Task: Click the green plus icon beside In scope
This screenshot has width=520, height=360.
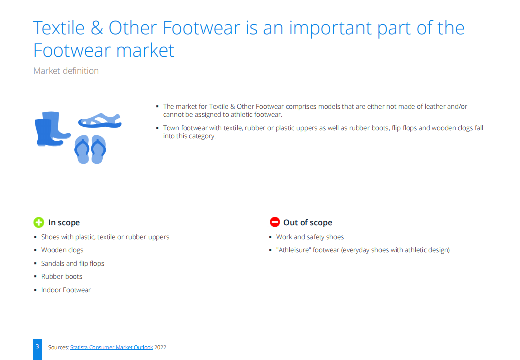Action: click(x=39, y=222)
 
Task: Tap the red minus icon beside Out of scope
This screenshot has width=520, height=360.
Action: click(x=275, y=222)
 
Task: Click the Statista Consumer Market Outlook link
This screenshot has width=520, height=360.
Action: click(x=112, y=347)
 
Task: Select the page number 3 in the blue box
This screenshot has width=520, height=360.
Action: click(x=37, y=346)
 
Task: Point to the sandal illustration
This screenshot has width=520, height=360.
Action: click(x=100, y=121)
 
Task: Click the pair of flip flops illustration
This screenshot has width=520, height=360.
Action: click(x=90, y=149)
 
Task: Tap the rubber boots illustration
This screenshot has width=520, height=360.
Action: click(x=52, y=129)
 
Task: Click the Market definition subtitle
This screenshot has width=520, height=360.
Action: click(x=66, y=71)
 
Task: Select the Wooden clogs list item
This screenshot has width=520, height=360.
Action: click(x=62, y=250)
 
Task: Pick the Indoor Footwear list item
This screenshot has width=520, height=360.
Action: click(x=66, y=290)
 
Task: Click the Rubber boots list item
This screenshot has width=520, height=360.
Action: click(x=62, y=277)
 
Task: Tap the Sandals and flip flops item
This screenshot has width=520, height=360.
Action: click(x=73, y=263)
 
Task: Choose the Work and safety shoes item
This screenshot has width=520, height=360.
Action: click(x=310, y=237)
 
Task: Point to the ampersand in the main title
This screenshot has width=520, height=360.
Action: click(x=97, y=28)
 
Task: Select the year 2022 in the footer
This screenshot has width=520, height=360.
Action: click(x=160, y=347)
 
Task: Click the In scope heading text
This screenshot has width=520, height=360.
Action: click(x=64, y=223)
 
